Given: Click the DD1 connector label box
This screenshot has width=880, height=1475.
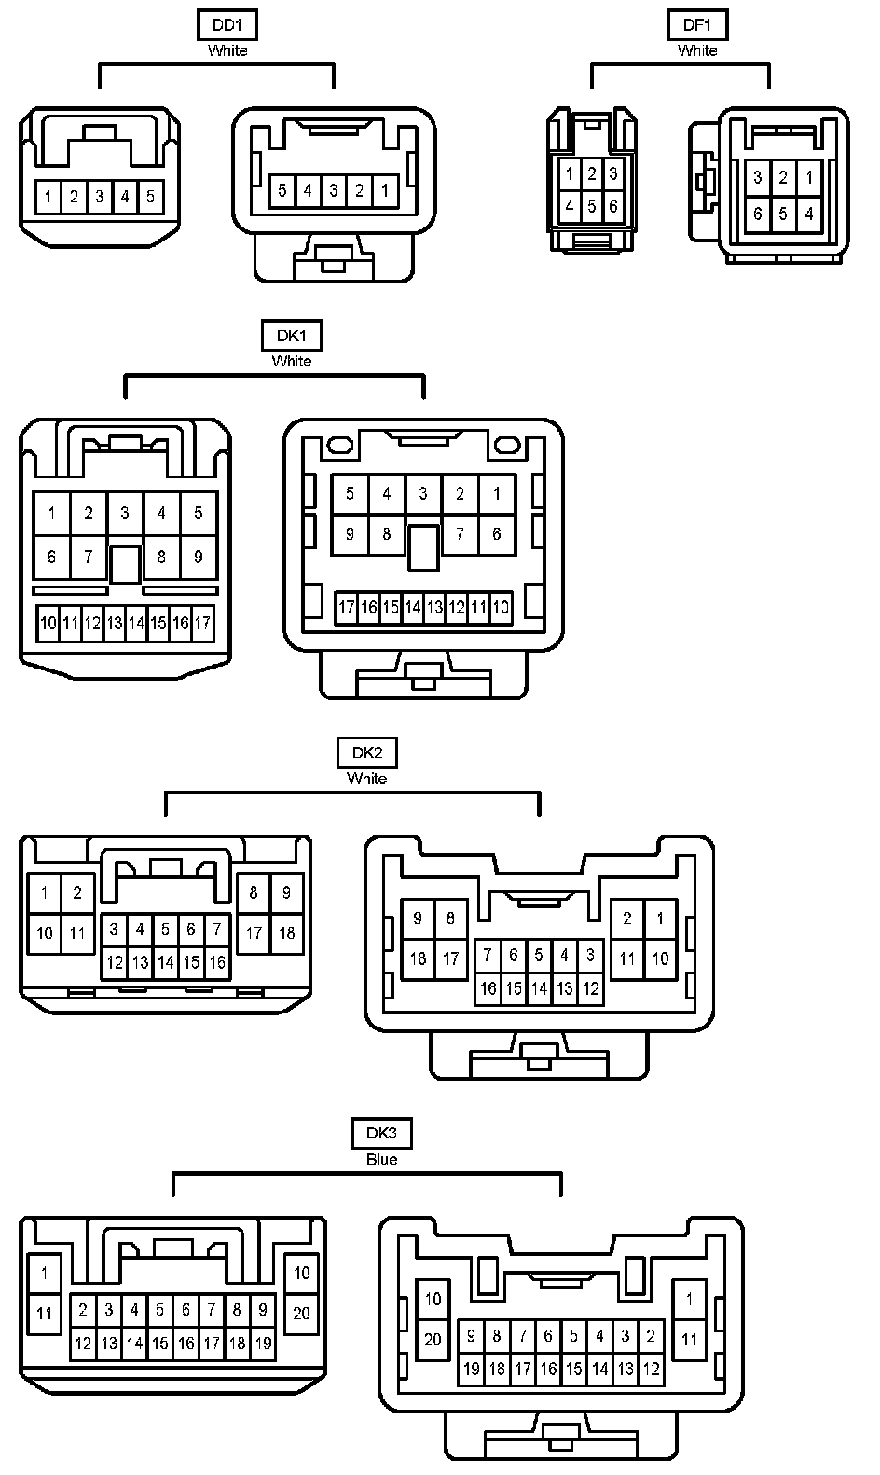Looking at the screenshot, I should (x=227, y=25).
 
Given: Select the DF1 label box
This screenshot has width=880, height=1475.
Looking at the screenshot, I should (x=696, y=25).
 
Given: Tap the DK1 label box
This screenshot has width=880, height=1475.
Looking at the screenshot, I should (x=292, y=336).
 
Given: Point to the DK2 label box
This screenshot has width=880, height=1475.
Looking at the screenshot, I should (x=366, y=752).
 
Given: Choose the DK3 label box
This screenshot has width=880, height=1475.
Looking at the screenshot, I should (x=381, y=1134).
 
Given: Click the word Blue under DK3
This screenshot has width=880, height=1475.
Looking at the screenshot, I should (x=381, y=1159).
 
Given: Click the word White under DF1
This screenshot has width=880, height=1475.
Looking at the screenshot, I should (x=696, y=50).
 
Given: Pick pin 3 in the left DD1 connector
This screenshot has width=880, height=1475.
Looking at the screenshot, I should (x=99, y=197).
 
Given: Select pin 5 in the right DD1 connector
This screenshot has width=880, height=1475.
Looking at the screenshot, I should (x=282, y=191).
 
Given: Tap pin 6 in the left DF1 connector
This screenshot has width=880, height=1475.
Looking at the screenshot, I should (x=612, y=206).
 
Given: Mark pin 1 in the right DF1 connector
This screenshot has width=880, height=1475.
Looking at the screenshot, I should (x=808, y=177).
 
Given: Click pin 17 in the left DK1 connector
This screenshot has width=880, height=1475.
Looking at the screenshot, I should (x=202, y=623).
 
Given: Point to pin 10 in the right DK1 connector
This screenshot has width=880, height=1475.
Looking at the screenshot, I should (x=501, y=608).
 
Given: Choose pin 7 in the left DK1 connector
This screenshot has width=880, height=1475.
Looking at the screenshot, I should (x=89, y=557).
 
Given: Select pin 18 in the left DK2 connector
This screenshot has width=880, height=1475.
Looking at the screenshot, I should (x=286, y=932).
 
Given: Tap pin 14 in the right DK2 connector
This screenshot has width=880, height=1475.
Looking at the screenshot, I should (x=539, y=988).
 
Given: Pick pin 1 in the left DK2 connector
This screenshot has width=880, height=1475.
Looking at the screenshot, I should (x=44, y=892).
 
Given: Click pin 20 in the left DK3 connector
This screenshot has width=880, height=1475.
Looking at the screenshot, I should (x=301, y=1313).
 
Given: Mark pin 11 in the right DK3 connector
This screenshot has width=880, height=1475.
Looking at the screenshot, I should (x=689, y=1340).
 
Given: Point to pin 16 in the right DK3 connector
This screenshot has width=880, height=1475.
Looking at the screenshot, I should (x=548, y=1369).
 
